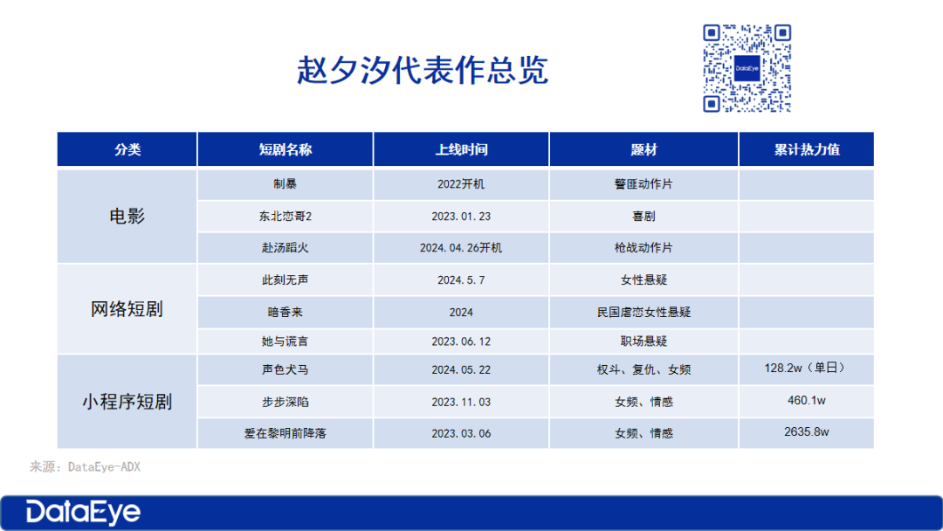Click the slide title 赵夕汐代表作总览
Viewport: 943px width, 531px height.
click(x=423, y=70)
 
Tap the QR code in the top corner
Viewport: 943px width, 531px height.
click(x=747, y=67)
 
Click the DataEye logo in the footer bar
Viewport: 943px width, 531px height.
click(x=83, y=512)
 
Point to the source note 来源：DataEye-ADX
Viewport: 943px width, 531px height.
click(x=85, y=467)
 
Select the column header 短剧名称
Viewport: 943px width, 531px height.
click(x=285, y=149)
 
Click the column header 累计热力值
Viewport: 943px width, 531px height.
click(x=806, y=149)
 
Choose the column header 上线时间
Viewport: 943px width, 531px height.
click(x=461, y=149)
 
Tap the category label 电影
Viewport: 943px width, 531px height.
click(x=127, y=216)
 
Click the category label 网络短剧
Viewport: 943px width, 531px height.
click(x=127, y=309)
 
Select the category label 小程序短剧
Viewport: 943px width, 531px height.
click(x=127, y=402)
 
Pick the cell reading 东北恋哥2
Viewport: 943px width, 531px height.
click(x=285, y=217)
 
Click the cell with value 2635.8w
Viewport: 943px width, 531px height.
click(x=806, y=431)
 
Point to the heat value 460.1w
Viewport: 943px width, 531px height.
click(x=806, y=400)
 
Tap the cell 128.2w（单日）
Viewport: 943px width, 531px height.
click(x=806, y=368)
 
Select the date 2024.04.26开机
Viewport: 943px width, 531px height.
click(x=461, y=248)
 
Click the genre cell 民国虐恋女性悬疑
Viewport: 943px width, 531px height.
click(x=644, y=312)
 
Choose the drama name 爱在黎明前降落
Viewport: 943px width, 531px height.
click(x=285, y=433)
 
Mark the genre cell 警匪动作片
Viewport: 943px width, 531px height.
click(x=644, y=185)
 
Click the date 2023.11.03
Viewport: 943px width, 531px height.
click(x=461, y=402)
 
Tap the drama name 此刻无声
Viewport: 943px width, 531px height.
click(x=285, y=280)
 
